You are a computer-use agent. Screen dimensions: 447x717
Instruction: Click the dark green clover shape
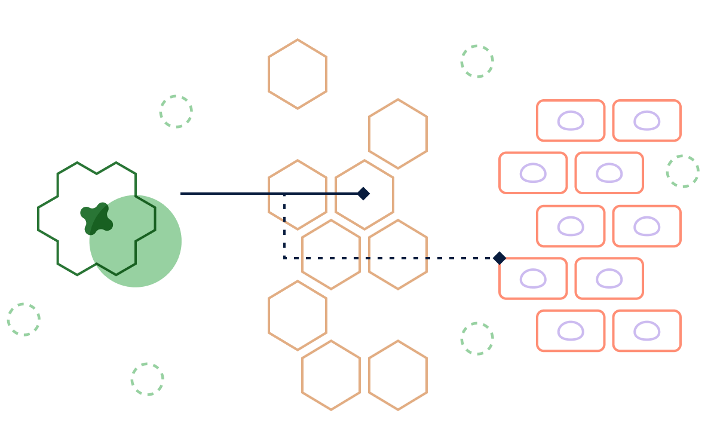(96, 219)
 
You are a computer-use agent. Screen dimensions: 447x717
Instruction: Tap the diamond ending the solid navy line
(363, 194)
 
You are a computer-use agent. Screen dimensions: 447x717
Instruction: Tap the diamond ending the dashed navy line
(499, 258)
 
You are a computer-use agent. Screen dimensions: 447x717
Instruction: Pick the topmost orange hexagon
(298, 74)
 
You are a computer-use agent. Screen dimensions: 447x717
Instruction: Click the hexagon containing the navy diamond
(364, 195)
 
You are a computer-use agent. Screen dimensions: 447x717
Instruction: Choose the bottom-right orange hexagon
(398, 375)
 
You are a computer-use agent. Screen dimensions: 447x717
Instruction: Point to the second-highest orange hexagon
(398, 134)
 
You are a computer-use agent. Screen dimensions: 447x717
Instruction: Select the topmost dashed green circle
(477, 61)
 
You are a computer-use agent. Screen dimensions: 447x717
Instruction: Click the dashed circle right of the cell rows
(682, 172)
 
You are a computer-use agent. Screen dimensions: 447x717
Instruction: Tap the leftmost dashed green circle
(24, 319)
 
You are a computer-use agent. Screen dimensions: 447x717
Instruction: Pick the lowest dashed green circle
(148, 379)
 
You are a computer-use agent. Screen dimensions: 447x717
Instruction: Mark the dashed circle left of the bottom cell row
(477, 338)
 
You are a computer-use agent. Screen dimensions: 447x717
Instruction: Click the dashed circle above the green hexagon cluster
(176, 111)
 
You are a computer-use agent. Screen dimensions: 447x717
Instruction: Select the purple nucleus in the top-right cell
(647, 121)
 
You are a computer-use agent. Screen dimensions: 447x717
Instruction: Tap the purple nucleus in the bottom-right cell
(647, 331)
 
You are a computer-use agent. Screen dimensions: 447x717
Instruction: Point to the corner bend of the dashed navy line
(284, 258)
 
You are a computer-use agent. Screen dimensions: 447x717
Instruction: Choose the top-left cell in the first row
(571, 121)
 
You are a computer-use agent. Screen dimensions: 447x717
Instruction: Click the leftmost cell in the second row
(533, 173)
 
